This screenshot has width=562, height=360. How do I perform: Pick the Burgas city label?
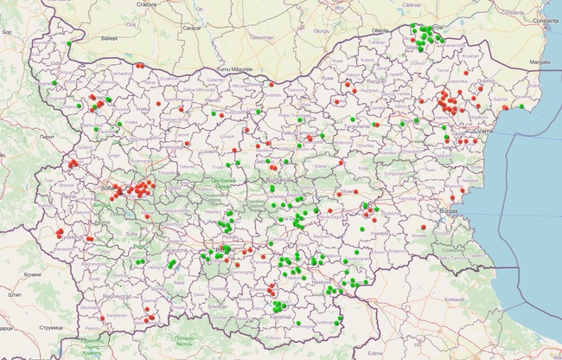(x=448, y=210)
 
